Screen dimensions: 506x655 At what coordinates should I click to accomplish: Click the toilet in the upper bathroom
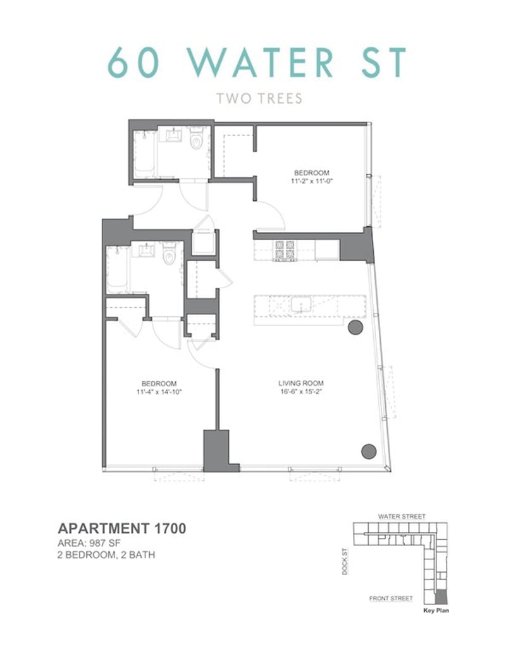(197, 139)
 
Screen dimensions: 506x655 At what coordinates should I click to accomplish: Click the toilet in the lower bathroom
(170, 255)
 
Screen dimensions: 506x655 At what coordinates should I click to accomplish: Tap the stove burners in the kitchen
(284, 251)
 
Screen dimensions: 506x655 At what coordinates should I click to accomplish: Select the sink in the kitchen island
(301, 305)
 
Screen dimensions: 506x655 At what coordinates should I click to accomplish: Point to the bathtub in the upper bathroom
(144, 154)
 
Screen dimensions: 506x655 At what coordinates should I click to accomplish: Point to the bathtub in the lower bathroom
(117, 270)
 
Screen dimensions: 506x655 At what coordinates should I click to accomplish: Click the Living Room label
(301, 383)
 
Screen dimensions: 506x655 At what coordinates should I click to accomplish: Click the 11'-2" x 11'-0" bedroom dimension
(312, 181)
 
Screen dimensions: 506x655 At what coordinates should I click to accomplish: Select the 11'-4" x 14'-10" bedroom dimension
(159, 392)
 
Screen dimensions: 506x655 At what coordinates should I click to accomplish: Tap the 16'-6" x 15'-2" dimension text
(301, 392)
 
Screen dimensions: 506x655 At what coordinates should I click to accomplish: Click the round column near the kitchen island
(355, 327)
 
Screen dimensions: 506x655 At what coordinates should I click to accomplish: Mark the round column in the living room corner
(369, 451)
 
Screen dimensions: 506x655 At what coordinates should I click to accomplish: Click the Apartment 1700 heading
(122, 528)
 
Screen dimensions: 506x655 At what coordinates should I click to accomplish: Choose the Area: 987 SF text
(89, 543)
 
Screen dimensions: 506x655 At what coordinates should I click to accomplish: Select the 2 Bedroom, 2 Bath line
(106, 555)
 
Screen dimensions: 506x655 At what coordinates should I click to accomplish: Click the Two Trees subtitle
(259, 99)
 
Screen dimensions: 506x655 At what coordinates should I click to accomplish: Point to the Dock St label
(345, 561)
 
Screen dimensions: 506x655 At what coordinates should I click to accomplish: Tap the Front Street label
(391, 599)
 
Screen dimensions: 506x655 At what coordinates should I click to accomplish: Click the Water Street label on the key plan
(402, 517)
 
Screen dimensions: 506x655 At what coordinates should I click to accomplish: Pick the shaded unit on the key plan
(440, 597)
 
